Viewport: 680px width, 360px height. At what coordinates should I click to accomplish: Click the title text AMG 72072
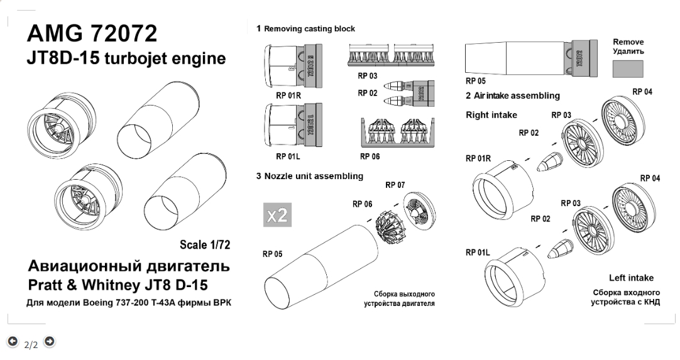click(92, 34)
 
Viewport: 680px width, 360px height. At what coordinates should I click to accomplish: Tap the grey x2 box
click(277, 215)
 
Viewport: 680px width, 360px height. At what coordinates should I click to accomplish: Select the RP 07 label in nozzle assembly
click(395, 185)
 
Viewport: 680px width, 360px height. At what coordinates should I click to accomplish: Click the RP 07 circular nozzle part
click(418, 209)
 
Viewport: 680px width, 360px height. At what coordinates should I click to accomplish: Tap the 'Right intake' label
click(491, 115)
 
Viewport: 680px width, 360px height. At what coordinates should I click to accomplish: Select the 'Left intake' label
click(631, 278)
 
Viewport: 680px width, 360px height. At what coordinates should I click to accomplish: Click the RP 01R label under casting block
click(288, 97)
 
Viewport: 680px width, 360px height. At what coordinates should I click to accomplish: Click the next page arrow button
click(50, 341)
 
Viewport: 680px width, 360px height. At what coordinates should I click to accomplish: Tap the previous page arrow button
click(13, 341)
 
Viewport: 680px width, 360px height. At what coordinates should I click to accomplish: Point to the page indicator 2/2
click(31, 344)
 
